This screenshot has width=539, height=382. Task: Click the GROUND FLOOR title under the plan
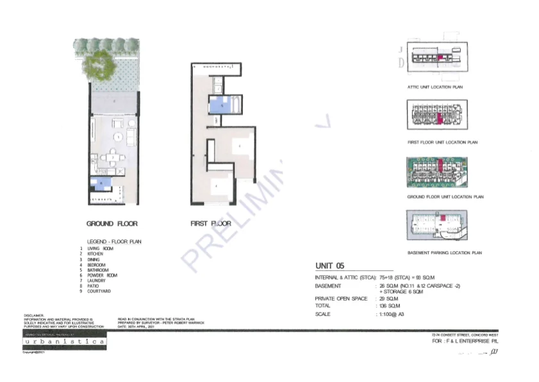pyautogui.click(x=112, y=223)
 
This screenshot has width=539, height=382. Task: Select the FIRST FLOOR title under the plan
pyautogui.click(x=210, y=223)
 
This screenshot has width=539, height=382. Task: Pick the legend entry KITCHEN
pyautogui.click(x=95, y=254)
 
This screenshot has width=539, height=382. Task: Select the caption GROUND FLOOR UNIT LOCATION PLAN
pyautogui.click(x=445, y=197)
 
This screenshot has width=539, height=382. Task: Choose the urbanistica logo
pyautogui.click(x=65, y=343)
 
